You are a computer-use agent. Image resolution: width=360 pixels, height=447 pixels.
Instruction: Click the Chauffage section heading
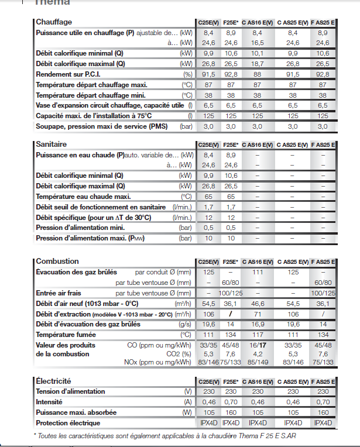54,22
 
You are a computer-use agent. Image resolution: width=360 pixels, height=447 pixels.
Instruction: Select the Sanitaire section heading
52,144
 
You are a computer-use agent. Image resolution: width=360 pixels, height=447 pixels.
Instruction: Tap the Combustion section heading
57,261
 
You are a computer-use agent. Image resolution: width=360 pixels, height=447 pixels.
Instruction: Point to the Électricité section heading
53,380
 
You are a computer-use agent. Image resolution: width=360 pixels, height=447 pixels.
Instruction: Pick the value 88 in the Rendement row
257,74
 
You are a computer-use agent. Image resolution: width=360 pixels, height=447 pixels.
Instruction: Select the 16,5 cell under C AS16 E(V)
257,43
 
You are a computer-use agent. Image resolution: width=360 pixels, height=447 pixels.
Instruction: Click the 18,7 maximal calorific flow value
257,64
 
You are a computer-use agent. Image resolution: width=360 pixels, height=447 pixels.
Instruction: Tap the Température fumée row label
66,335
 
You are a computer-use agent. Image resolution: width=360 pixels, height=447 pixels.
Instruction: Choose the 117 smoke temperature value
257,335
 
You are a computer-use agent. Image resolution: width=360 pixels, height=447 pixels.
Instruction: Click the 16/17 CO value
258,345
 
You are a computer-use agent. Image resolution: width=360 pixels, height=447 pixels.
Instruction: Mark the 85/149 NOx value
258,363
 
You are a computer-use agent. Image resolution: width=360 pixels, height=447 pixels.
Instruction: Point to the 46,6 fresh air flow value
257,303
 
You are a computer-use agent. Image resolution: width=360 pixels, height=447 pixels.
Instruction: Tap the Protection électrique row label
68,423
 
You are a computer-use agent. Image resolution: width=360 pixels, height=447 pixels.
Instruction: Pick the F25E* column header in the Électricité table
231,381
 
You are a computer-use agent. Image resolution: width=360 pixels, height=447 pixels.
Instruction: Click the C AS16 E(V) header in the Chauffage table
258,22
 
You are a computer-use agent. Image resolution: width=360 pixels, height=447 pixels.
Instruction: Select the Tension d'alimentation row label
70,391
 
